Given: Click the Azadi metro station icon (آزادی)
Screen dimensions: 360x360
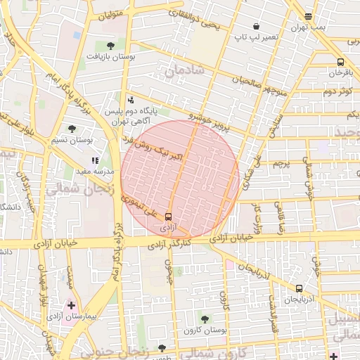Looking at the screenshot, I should coord(169,217).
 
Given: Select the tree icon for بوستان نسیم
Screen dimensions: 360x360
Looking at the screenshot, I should coord(72,129).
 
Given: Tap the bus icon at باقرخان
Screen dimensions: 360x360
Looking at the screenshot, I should coord(341,62).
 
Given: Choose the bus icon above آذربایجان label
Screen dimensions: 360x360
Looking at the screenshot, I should coord(300,288).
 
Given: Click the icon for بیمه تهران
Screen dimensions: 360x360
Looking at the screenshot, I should coord(308,15).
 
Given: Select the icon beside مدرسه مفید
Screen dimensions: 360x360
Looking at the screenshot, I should coord(95,160).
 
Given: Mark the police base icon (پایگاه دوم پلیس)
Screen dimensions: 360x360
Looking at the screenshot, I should coord(131,99).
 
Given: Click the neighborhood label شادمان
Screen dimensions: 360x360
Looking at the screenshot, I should coord(186,70).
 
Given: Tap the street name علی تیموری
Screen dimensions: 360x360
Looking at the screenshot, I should coord(142,207).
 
